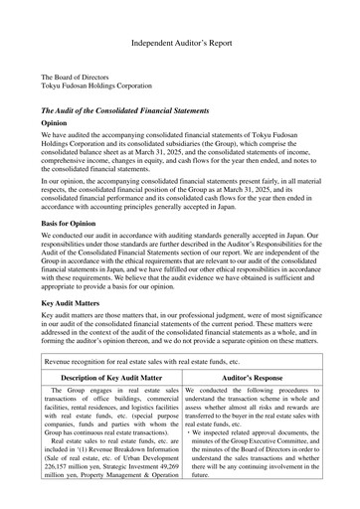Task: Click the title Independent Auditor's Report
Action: click(179, 45)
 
